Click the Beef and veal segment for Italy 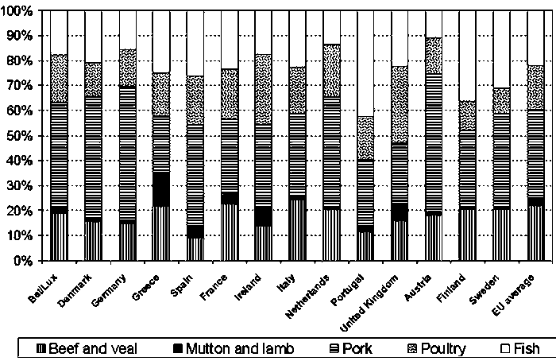coord(297,228)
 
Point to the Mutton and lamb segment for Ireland coord(263,216)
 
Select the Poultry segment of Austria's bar coord(434,56)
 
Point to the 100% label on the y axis coord(18,10)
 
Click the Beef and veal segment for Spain coord(195,249)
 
